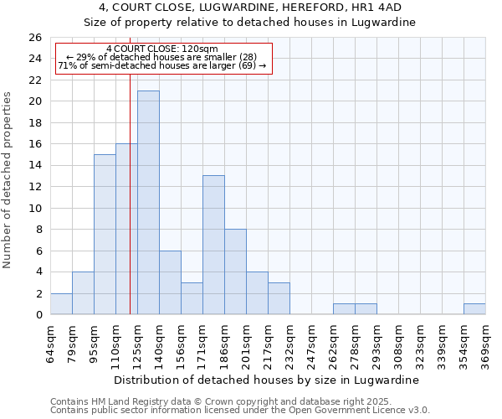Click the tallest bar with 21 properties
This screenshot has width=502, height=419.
pyautogui.click(x=148, y=202)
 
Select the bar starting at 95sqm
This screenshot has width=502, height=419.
pyautogui.click(x=105, y=235)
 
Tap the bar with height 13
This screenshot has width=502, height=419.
pyautogui.click(x=213, y=245)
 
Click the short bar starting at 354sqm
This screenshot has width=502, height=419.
pyautogui.click(x=474, y=309)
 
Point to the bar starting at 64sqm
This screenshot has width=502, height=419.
pyautogui.click(x=61, y=304)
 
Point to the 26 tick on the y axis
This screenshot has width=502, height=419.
pyautogui.click(x=34, y=38)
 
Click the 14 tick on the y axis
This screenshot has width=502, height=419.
pyautogui.click(x=34, y=166)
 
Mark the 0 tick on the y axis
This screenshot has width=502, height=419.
pyautogui.click(x=38, y=315)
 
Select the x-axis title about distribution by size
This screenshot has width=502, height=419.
pyautogui.click(x=266, y=380)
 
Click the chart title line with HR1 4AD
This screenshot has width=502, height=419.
pyautogui.click(x=249, y=8)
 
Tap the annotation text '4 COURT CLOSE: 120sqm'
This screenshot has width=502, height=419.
pyautogui.click(x=162, y=49)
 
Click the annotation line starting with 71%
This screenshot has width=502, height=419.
pyautogui.click(x=162, y=65)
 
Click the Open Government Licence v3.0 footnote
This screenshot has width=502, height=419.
pyautogui.click(x=240, y=410)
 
